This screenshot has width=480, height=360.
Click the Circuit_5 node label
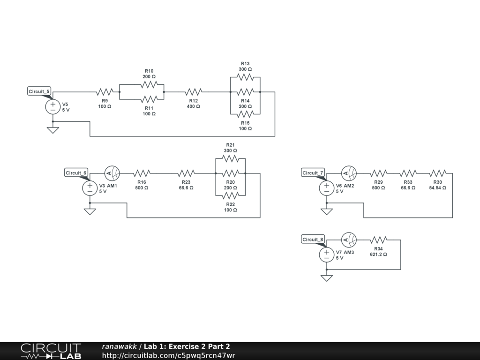pyautogui.click(x=39, y=91)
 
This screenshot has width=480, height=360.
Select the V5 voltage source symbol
pyautogui.click(x=52, y=106)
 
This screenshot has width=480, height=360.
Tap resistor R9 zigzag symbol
pyautogui.click(x=105, y=92)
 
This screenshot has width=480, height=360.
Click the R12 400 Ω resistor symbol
pyautogui.click(x=194, y=92)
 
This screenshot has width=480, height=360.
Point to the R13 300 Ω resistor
pyautogui.click(x=245, y=77)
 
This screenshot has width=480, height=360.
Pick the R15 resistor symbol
pyautogui.click(x=245, y=114)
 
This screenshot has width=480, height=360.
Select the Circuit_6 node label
pyautogui.click(x=76, y=173)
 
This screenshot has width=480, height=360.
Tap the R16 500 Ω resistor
pyautogui.click(x=142, y=173)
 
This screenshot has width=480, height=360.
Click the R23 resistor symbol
pyautogui.click(x=186, y=173)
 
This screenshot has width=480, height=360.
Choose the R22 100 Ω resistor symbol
pyautogui.click(x=231, y=195)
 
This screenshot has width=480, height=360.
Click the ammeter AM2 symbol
pyautogui.click(x=349, y=173)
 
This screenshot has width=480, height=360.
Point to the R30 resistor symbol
pyautogui.click(x=437, y=173)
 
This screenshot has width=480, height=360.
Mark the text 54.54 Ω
pyautogui.click(x=437, y=187)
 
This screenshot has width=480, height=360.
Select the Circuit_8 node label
pyautogui.click(x=313, y=240)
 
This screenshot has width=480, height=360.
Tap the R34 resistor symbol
pyautogui.click(x=379, y=240)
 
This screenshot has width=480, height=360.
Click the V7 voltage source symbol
pyautogui.click(x=326, y=255)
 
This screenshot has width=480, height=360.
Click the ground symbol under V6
pyautogui.click(x=326, y=211)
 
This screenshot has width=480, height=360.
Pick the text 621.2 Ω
pyautogui.click(x=379, y=255)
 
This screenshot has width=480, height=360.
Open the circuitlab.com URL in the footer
pyautogui.click(x=168, y=355)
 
